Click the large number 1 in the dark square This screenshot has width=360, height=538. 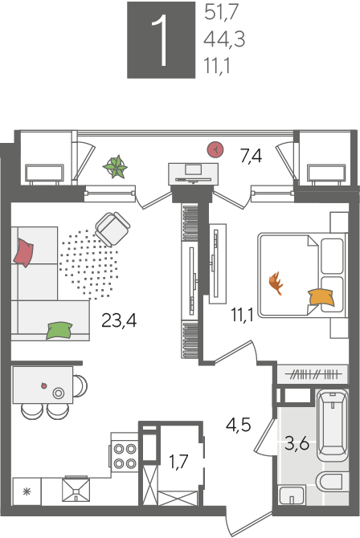[x=160, y=40]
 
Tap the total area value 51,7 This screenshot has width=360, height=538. [x=221, y=13]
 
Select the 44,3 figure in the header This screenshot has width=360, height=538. [x=224, y=39]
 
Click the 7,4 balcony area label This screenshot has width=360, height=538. [x=251, y=157]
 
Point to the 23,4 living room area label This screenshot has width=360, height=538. [x=119, y=321]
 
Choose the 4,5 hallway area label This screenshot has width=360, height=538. [x=239, y=425]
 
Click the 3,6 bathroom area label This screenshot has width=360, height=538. [x=297, y=444]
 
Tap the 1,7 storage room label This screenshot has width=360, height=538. [x=178, y=462]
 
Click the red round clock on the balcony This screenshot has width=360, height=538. [x=215, y=149]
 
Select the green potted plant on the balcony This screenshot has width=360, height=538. [x=116, y=167]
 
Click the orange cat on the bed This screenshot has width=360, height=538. [x=276, y=283]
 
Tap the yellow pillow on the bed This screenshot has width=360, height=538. [x=321, y=297]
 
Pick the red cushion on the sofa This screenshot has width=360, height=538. [x=23, y=253]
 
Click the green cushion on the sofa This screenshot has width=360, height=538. [x=59, y=330]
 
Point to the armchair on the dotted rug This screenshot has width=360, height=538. [x=112, y=229]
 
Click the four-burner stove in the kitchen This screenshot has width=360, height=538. [x=125, y=456]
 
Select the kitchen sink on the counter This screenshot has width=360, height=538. [x=76, y=490]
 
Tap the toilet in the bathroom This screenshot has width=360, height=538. [x=332, y=481]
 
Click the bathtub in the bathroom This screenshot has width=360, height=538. [x=333, y=425]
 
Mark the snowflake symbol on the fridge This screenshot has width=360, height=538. [x=27, y=492]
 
